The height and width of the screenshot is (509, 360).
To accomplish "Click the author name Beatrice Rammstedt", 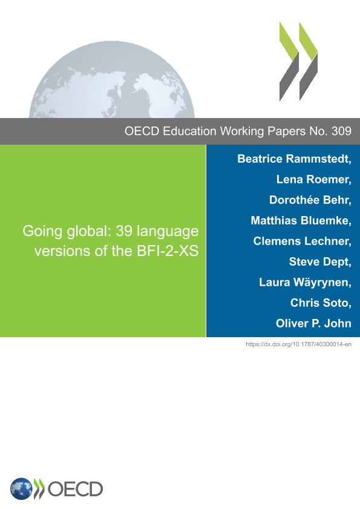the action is tap(294, 159).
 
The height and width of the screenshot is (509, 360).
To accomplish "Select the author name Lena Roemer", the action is tap(313, 180).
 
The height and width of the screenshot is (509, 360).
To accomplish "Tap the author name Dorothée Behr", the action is tap(310, 200).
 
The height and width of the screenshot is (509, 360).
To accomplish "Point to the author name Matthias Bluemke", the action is tap(300, 221).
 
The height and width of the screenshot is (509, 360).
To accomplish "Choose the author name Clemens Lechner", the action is tap(301, 241).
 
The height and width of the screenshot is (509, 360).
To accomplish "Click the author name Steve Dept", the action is tap(319, 262).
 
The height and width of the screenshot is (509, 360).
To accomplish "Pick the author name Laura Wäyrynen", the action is tap(304, 283).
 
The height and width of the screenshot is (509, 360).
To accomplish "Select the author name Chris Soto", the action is tap(320, 303).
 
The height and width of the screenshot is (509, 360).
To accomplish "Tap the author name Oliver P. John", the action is tap(313, 323).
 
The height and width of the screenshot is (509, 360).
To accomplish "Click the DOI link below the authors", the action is tap(299, 344).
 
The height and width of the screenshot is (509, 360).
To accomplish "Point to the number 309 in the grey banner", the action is tap(341, 131).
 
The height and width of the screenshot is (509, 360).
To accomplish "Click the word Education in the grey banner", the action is tap(189, 131).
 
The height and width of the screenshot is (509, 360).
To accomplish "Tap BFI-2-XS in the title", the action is tap(168, 251).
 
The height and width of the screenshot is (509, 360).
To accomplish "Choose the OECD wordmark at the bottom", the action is tap(75, 489).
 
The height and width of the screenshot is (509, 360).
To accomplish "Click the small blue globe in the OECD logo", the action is tap(21, 489).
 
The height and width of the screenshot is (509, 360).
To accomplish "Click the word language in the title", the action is tap(168, 232).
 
